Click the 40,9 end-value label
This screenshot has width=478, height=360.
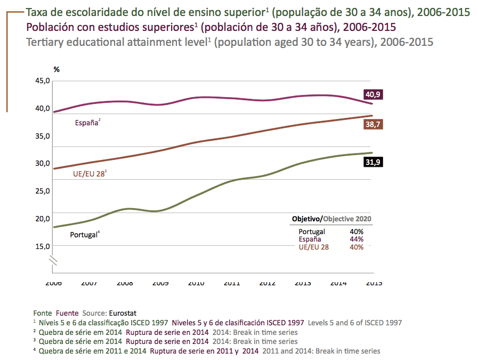(373, 95)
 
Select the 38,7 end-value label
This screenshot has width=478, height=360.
(373, 124)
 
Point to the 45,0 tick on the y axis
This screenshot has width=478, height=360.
(42, 81)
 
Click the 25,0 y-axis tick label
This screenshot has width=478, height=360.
(42, 191)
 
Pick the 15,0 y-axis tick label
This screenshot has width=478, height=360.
(42, 246)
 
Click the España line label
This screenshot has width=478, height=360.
(86, 123)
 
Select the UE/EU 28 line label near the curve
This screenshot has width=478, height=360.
(88, 174)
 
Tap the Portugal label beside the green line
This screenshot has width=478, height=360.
(84, 234)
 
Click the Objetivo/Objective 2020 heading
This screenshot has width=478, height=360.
(331, 219)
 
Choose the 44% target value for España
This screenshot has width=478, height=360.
(357, 239)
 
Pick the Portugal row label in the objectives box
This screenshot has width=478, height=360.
(312, 232)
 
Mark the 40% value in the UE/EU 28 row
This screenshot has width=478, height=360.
(357, 247)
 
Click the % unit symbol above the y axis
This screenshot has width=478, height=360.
(56, 69)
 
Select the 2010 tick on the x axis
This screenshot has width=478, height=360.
(197, 283)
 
